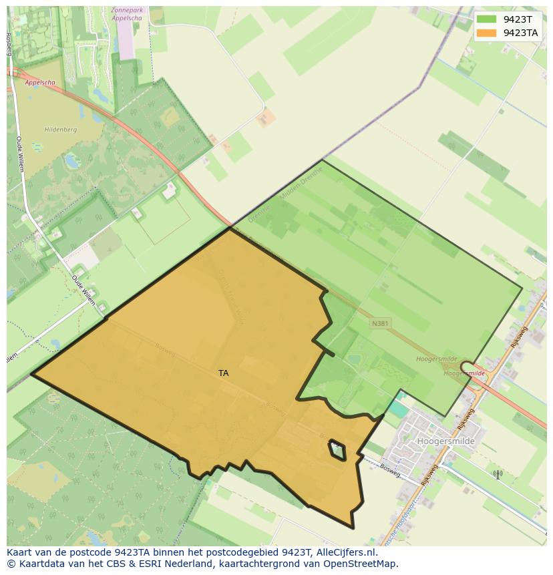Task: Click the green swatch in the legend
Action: pyautogui.click(x=487, y=19)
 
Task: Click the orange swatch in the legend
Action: pyautogui.click(x=487, y=33)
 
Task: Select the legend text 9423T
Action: pyautogui.click(x=518, y=19)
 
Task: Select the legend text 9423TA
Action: pyautogui.click(x=520, y=33)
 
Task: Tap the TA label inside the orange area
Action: pyautogui.click(x=223, y=373)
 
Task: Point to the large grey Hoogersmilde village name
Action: pyautogui.click(x=445, y=441)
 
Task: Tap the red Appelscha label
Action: pyautogui.click(x=40, y=83)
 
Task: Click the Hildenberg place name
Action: pyautogui.click(x=61, y=130)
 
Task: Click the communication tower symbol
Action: pyautogui.click(x=497, y=475)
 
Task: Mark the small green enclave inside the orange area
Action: pyautogui.click(x=337, y=451)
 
